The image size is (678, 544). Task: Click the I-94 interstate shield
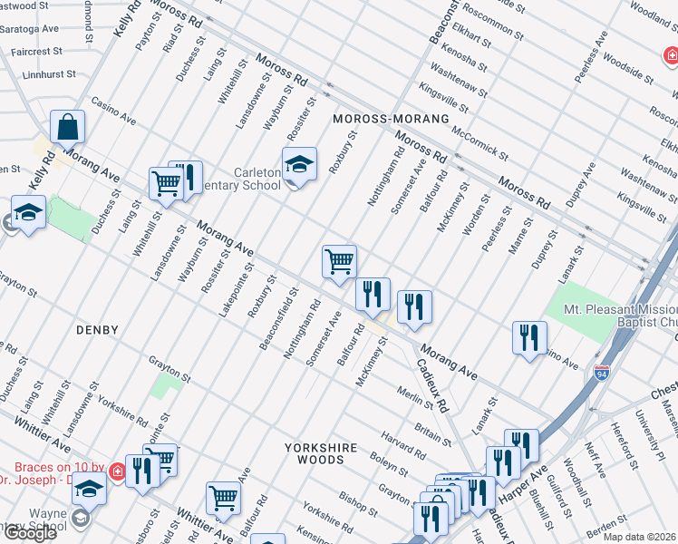coord(601,374)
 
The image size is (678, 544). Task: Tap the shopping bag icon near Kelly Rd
coord(68,128)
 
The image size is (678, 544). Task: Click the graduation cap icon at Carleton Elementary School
coord(299,165)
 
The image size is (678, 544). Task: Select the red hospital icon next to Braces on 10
coord(117,471)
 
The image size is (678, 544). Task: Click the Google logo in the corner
coord(29,533)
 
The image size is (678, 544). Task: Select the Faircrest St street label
coord(30,53)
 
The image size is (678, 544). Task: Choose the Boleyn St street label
coord(391,466)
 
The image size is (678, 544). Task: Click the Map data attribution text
coord(640,536)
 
